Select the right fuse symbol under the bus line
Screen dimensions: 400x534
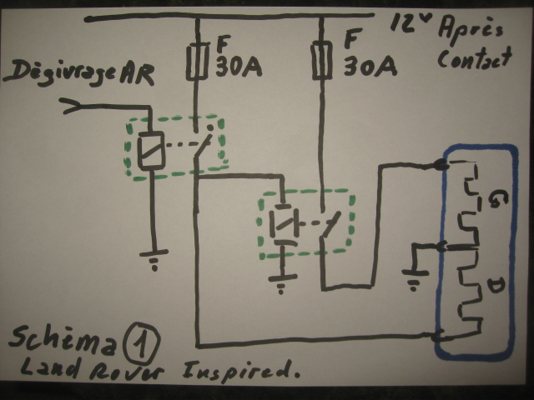(x=320, y=60)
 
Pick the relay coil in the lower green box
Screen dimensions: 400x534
(x=282, y=225)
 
